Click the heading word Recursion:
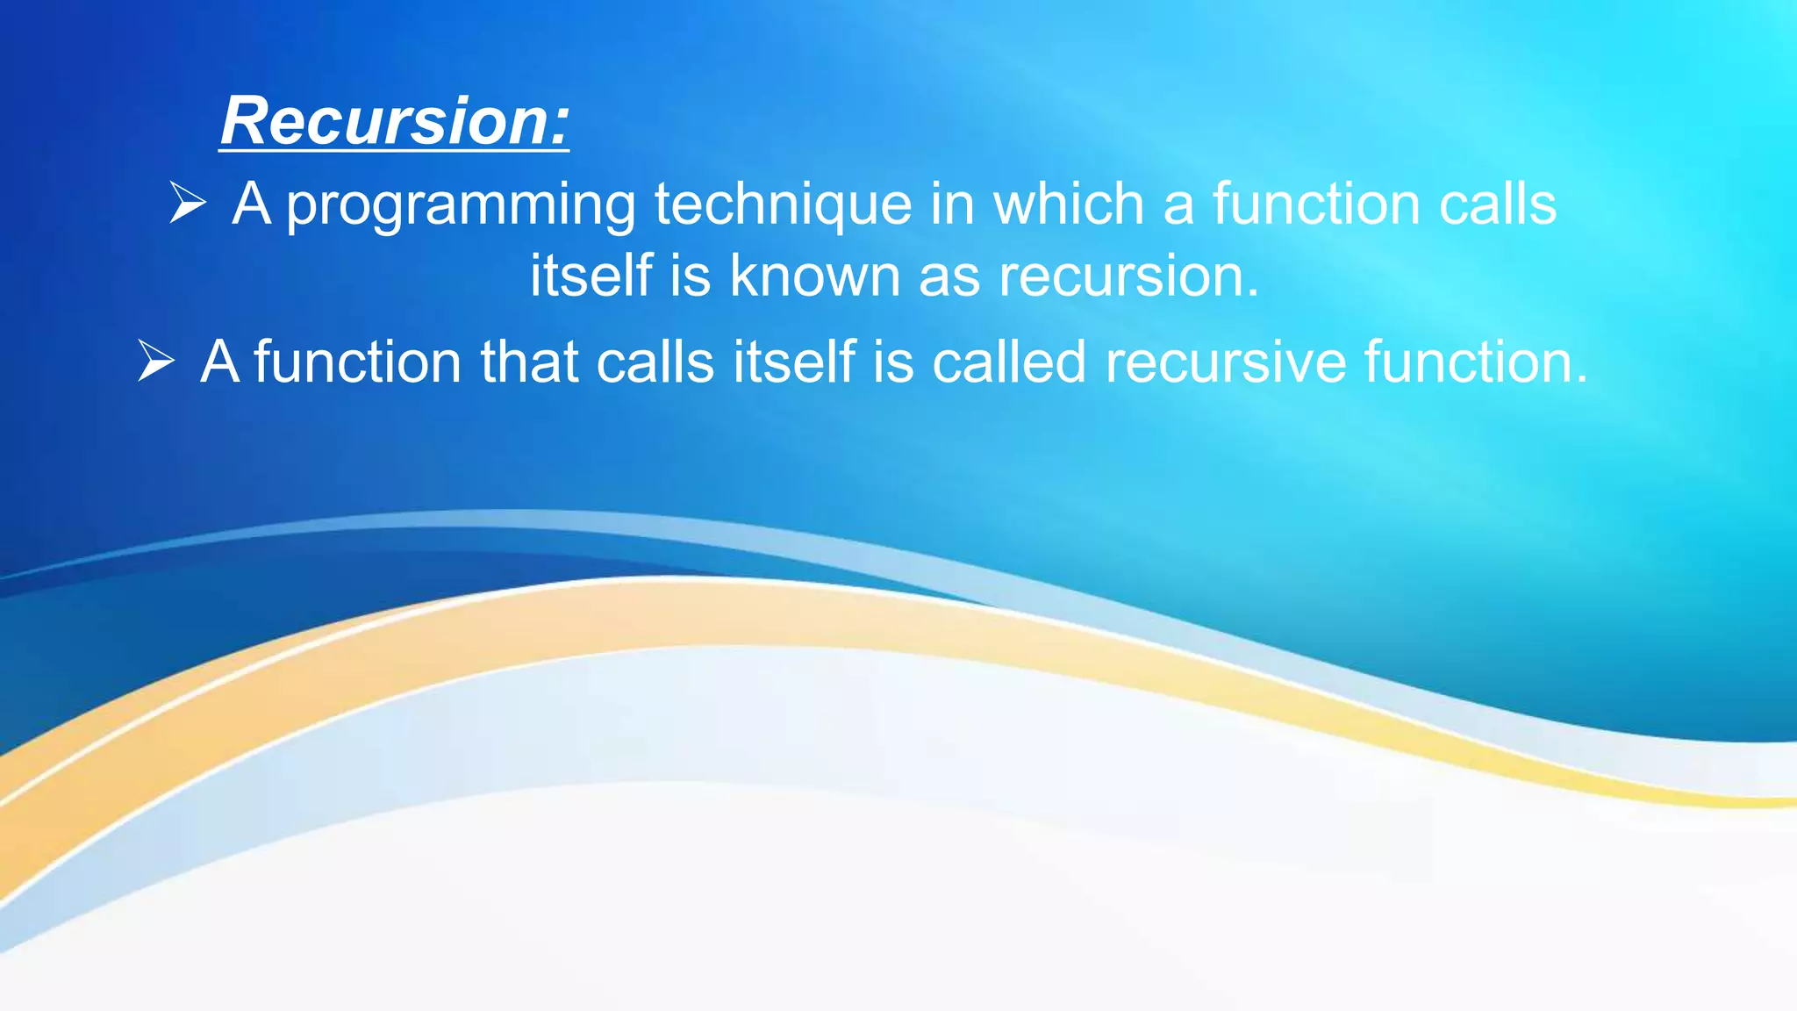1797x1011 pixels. pyautogui.click(x=395, y=121)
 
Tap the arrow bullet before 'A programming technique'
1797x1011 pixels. pyautogui.click(x=188, y=203)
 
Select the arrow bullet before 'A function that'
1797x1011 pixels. pyautogui.click(x=156, y=361)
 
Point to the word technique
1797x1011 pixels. pyautogui.click(x=784, y=205)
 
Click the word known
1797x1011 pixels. pyautogui.click(x=815, y=276)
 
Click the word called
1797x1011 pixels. pyautogui.click(x=1009, y=362)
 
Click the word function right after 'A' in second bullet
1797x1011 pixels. pyautogui.click(x=358, y=362)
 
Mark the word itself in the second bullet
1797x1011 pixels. pyautogui.click(x=794, y=362)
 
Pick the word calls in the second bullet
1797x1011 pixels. pyautogui.click(x=655, y=362)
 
